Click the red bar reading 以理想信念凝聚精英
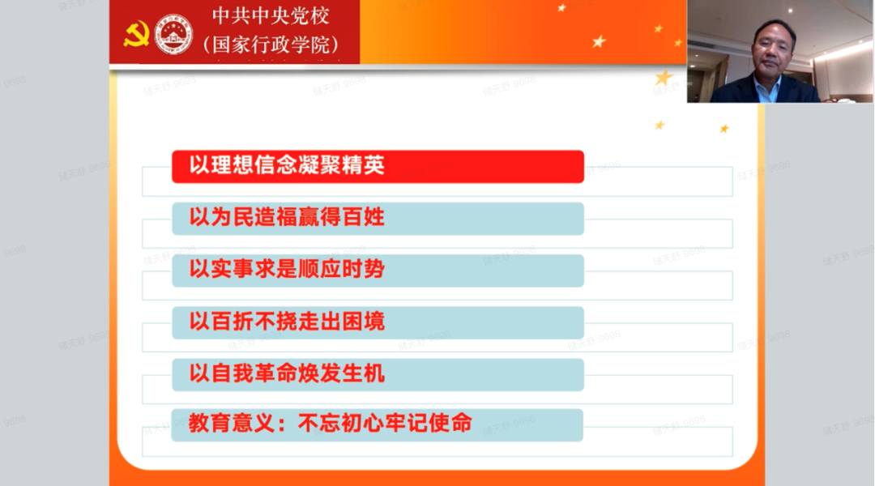tap(378, 166)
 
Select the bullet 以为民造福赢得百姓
tap(378, 218)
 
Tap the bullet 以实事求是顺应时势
tap(378, 270)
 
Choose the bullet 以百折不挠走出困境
tap(378, 322)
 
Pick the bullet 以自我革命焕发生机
tap(378, 373)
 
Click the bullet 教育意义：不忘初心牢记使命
tap(378, 424)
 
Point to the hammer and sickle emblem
tap(135, 34)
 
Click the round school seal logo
tap(173, 34)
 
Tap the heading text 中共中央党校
tap(271, 16)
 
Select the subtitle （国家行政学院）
tap(271, 44)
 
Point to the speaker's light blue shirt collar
tap(766, 86)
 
